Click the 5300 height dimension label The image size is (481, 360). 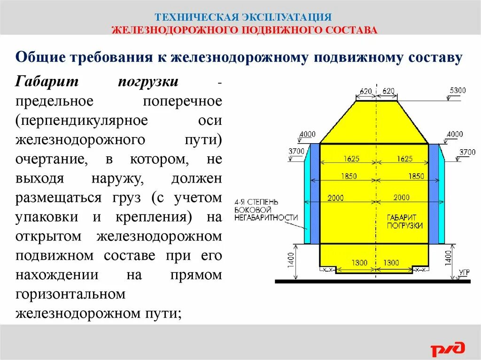458,90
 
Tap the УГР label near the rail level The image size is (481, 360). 464,272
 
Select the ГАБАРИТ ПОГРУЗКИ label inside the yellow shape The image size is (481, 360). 405,222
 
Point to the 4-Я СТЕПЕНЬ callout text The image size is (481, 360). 256,201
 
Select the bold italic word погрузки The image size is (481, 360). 147,81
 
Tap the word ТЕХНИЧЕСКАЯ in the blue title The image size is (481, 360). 196,17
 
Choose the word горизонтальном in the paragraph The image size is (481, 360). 70,294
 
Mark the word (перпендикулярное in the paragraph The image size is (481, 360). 82,120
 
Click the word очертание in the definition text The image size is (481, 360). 52,159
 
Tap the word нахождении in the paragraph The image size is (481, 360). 56,275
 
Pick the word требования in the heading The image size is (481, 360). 112,57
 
